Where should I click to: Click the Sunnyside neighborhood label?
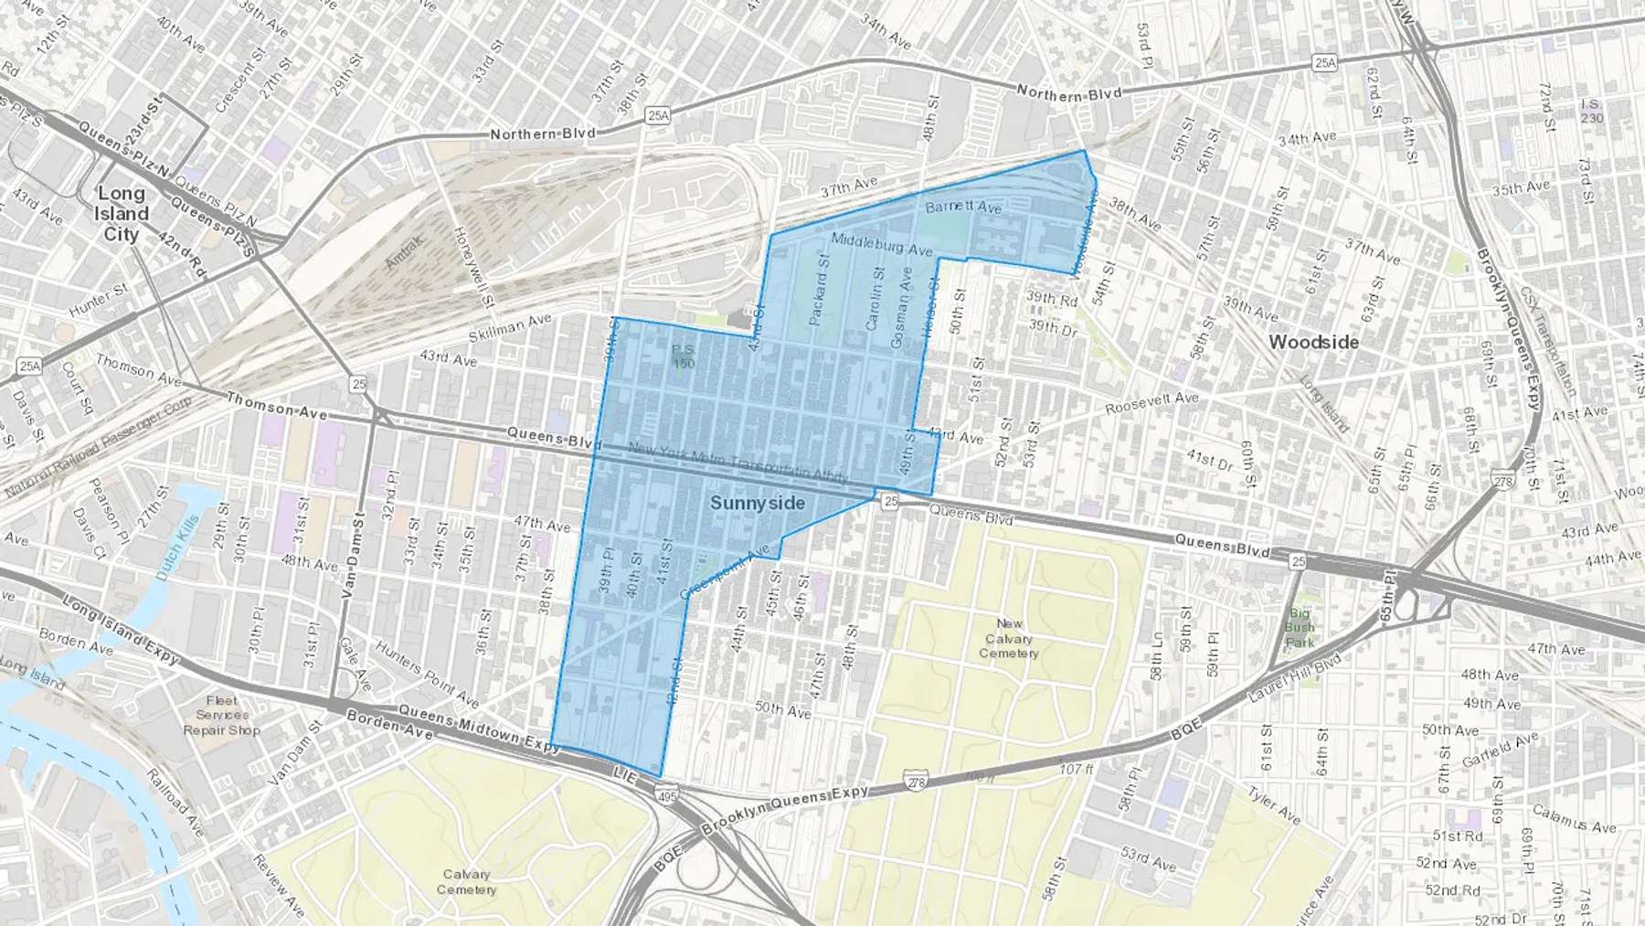pyautogui.click(x=758, y=503)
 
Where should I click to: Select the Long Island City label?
pyautogui.click(x=122, y=213)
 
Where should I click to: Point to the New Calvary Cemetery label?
pyautogui.click(x=1009, y=638)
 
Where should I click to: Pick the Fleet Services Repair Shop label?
pyautogui.click(x=221, y=715)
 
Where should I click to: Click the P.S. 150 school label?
pyautogui.click(x=684, y=356)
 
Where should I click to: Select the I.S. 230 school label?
pyautogui.click(x=1591, y=111)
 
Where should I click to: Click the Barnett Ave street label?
pyautogui.click(x=963, y=208)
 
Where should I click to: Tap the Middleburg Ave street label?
pyautogui.click(x=881, y=243)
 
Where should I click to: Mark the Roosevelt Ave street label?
pyautogui.click(x=1151, y=402)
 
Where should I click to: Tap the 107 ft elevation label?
pyautogui.click(x=1077, y=769)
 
